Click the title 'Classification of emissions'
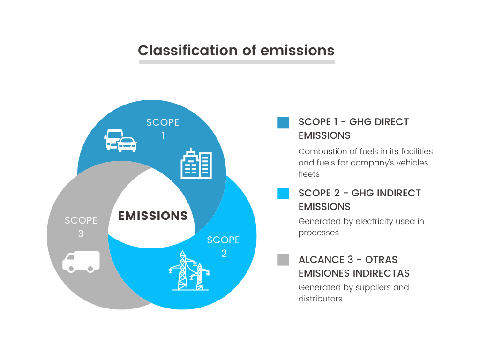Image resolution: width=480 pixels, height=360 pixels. [x=236, y=50]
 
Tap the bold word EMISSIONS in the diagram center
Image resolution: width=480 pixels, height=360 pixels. [x=153, y=216]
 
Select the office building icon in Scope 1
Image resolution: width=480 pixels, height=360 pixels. [x=196, y=164]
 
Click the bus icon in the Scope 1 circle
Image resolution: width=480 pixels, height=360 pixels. [x=113, y=139]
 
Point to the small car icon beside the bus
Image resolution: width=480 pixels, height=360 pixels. [x=127, y=145]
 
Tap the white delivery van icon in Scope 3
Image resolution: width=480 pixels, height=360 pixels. [x=81, y=261]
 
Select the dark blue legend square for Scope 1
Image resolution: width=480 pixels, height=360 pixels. [x=283, y=123]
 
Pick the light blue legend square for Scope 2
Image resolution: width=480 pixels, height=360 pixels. [x=283, y=193]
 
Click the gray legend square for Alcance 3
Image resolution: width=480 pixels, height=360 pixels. [x=283, y=260]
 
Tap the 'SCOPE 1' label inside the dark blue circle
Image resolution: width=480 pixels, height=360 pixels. [x=163, y=129]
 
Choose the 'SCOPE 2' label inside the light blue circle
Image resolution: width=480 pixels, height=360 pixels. [x=223, y=247]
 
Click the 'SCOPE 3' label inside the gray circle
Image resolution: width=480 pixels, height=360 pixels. [x=81, y=227]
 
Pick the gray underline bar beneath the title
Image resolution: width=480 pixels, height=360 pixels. [x=237, y=61]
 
